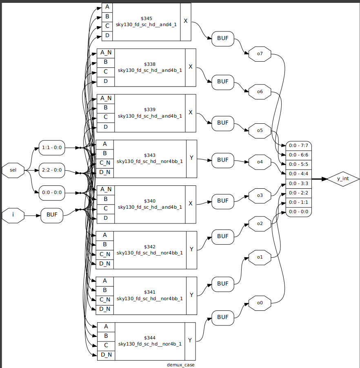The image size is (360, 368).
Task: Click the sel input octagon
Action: coord(13,170)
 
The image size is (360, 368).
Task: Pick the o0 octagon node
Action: coord(260,303)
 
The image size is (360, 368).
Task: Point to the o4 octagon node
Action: coord(260,162)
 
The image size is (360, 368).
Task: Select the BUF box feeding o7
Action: coord(222,39)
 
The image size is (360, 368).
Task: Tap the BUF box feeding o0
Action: coord(222,317)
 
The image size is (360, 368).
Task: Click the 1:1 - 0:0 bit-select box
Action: coord(52,147)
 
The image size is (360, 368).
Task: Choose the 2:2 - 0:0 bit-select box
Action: coord(52,170)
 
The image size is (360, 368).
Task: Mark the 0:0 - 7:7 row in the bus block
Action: coord(298,145)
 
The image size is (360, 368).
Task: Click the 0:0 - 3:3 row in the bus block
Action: coord(298,183)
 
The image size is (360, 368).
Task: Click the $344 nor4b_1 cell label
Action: coord(150,341)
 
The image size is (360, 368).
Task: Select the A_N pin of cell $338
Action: coord(106,53)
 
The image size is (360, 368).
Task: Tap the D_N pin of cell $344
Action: coord(106,355)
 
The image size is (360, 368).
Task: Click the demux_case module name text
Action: coord(181,364)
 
